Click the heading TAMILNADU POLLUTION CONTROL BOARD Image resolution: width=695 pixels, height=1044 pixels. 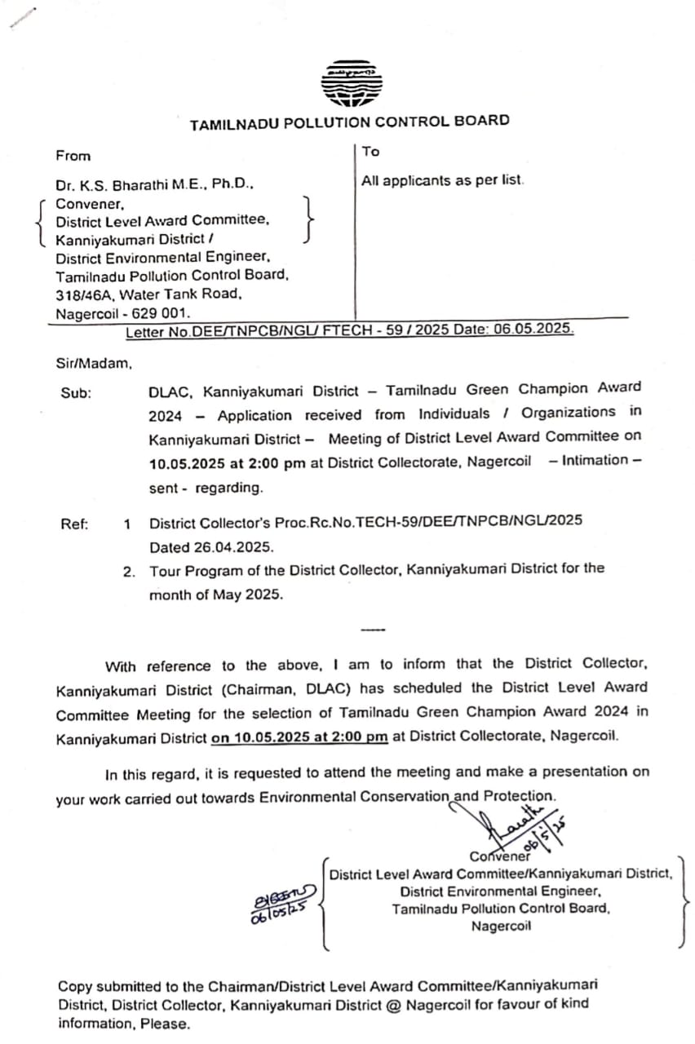pyautogui.click(x=349, y=122)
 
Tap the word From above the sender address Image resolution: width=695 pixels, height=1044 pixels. pyautogui.click(x=73, y=156)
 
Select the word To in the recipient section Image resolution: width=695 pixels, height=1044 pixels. pyautogui.click(x=371, y=152)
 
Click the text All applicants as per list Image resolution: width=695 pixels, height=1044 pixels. pyautogui.click(x=443, y=180)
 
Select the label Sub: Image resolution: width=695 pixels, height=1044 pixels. pyautogui.click(x=76, y=392)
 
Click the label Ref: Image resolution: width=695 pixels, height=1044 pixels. pyautogui.click(x=75, y=524)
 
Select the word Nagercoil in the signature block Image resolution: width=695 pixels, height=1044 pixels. pyautogui.click(x=501, y=927)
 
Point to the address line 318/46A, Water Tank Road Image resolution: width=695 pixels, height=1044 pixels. pyautogui.click(x=148, y=294)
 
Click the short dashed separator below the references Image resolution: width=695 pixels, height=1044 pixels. pyautogui.click(x=372, y=629)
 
